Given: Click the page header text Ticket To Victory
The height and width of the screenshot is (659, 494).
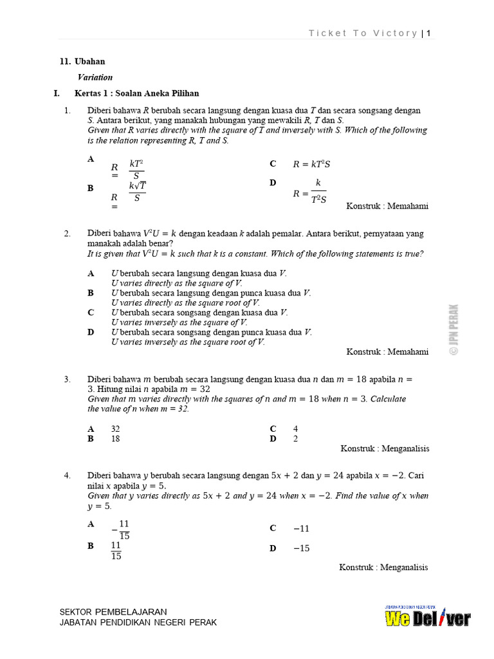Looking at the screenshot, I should pyautogui.click(x=363, y=33).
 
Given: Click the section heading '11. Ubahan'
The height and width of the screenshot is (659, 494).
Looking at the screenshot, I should pyautogui.click(x=82, y=62).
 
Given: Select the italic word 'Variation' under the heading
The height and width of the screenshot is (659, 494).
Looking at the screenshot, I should pyautogui.click(x=95, y=77).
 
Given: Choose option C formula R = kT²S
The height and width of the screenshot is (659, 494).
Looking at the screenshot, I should pyautogui.click(x=311, y=165).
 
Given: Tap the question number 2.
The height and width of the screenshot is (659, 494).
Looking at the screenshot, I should pyautogui.click(x=67, y=234).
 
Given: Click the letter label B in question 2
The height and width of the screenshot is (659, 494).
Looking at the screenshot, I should pyautogui.click(x=91, y=293).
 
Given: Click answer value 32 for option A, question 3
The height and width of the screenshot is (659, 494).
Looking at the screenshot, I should pyautogui.click(x=116, y=429).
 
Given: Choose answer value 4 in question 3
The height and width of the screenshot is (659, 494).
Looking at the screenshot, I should pyautogui.click(x=296, y=429).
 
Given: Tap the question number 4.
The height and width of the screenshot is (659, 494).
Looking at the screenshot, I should pyautogui.click(x=67, y=476).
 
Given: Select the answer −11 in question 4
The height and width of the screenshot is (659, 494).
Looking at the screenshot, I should pyautogui.click(x=301, y=528).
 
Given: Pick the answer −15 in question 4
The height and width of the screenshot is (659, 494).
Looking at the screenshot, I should pyautogui.click(x=301, y=548).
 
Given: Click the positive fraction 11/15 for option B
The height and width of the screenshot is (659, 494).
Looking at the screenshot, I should pyautogui.click(x=116, y=550).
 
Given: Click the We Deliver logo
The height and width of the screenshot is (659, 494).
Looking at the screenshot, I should pyautogui.click(x=427, y=618).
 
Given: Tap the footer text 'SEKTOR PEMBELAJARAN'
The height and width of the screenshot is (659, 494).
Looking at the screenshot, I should pyautogui.click(x=113, y=611).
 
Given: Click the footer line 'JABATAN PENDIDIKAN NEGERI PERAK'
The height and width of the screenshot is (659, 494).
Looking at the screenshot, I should pyautogui.click(x=138, y=622).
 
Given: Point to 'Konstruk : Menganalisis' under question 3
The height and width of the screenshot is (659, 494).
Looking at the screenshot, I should pyautogui.click(x=384, y=449).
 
